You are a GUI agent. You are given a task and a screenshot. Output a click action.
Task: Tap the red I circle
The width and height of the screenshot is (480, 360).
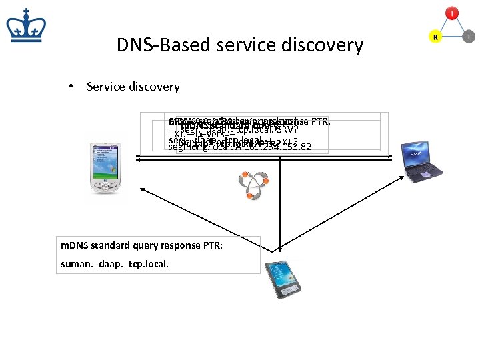[x=453, y=13]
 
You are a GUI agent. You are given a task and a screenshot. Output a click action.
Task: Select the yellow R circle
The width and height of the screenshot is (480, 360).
[x=435, y=38]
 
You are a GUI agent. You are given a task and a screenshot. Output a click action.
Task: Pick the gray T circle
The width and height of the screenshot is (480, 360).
[x=469, y=38]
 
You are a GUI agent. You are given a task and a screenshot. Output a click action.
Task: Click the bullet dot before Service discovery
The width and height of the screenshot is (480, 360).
[x=78, y=87]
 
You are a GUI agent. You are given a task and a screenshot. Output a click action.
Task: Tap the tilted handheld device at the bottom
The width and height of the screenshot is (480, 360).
[x=281, y=279]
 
